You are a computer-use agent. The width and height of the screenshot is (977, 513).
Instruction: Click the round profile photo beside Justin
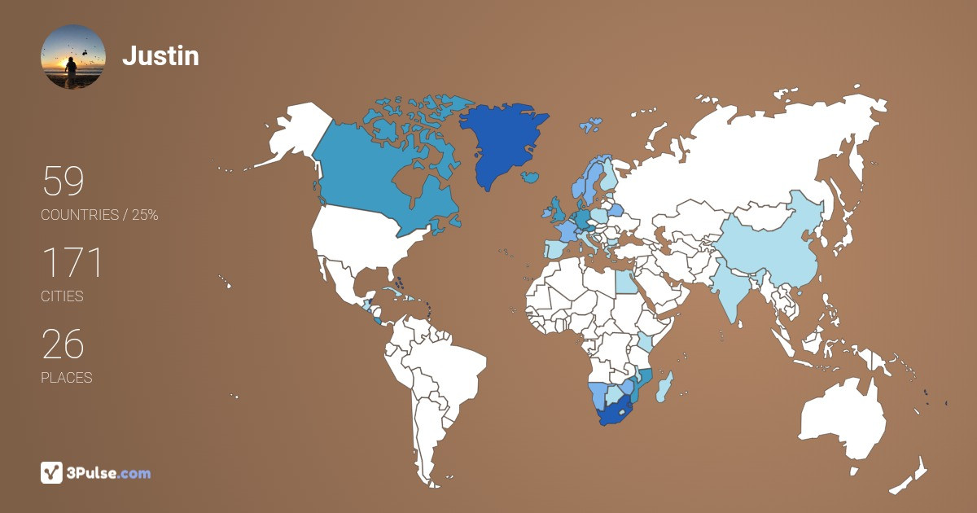[x=73, y=57]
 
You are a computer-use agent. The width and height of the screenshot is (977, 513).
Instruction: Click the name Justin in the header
[x=160, y=56]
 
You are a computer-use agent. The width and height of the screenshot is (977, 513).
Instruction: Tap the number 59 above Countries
[x=63, y=182]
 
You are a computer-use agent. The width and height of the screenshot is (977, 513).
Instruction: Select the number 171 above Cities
[x=72, y=263]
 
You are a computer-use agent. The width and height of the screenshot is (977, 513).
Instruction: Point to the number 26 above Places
[x=63, y=344]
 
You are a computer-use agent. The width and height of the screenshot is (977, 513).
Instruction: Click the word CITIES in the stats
[x=63, y=296]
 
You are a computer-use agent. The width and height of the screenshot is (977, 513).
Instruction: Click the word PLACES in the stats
[x=67, y=378]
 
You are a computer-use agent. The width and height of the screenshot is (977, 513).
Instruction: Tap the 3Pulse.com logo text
[x=109, y=472]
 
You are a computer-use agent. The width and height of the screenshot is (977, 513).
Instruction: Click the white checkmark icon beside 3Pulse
[x=52, y=472]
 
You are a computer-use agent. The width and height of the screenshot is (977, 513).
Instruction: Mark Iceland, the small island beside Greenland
[x=531, y=177]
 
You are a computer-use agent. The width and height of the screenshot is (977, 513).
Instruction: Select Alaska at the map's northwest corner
[x=289, y=138]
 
